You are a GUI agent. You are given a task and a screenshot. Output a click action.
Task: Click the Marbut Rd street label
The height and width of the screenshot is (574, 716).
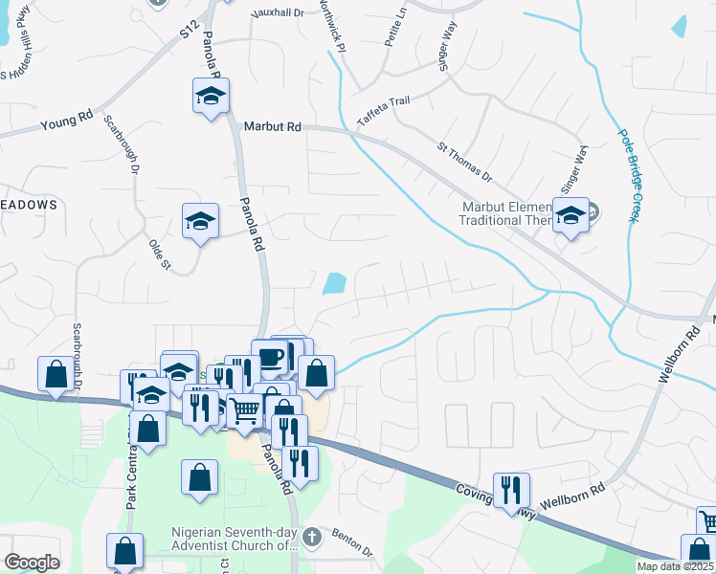tap(272, 126)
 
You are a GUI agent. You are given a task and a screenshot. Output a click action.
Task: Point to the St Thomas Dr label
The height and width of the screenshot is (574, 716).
tap(464, 163)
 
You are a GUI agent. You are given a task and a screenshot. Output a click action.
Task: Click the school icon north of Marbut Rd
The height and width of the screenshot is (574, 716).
tap(211, 96)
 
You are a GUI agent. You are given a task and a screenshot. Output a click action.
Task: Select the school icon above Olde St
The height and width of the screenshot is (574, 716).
tap(200, 220)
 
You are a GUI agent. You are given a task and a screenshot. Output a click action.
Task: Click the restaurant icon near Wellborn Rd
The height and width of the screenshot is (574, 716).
tap(512, 489)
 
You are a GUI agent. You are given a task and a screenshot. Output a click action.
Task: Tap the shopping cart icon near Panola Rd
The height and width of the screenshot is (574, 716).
tap(246, 409)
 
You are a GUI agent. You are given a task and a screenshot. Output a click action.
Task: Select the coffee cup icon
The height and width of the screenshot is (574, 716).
tap(269, 357)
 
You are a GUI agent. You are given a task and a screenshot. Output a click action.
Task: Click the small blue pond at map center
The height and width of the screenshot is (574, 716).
tap(334, 284)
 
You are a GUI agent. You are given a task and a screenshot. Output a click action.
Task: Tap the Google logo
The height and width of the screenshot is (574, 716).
tap(31, 563)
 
